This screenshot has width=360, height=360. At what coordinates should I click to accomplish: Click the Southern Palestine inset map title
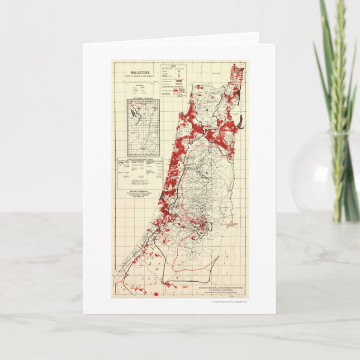click(138, 100)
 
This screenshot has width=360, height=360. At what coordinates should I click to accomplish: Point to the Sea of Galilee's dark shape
click(240, 121)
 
